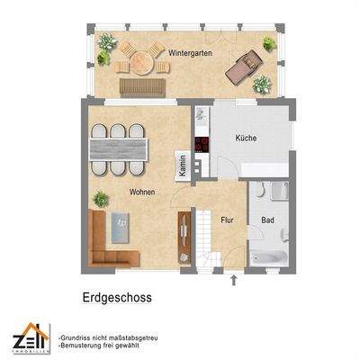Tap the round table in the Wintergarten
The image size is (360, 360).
pyautogui.click(x=143, y=63)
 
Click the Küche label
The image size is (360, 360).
pyautogui.click(x=246, y=139)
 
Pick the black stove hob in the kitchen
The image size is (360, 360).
pyautogui.click(x=202, y=146)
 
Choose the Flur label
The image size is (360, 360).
pyautogui.click(x=228, y=219)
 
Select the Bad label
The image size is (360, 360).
pyautogui.click(x=267, y=220)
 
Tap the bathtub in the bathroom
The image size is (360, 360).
pyautogui.click(x=267, y=257)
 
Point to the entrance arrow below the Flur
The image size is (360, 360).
pyautogui.click(x=235, y=281)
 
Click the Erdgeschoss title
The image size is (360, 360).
pyautogui.click(x=112, y=295)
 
